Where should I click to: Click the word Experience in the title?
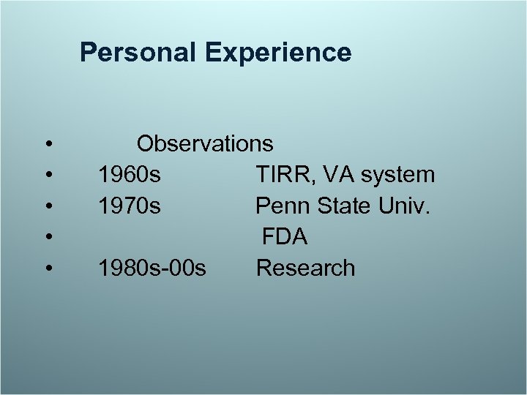tap(279, 53)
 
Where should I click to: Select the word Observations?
tap(205, 143)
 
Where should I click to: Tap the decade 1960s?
tap(130, 175)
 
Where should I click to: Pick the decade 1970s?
tap(130, 206)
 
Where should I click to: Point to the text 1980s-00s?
tap(152, 268)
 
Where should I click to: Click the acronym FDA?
tap(285, 237)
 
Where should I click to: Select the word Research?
tap(305, 268)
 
